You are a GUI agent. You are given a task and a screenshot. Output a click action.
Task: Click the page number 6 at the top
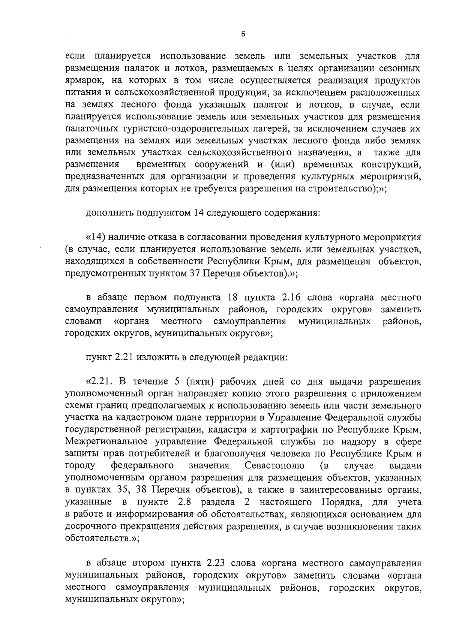(243, 34)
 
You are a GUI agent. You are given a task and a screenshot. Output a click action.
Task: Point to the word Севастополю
(273, 465)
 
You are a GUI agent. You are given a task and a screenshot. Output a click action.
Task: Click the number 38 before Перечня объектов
(141, 489)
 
